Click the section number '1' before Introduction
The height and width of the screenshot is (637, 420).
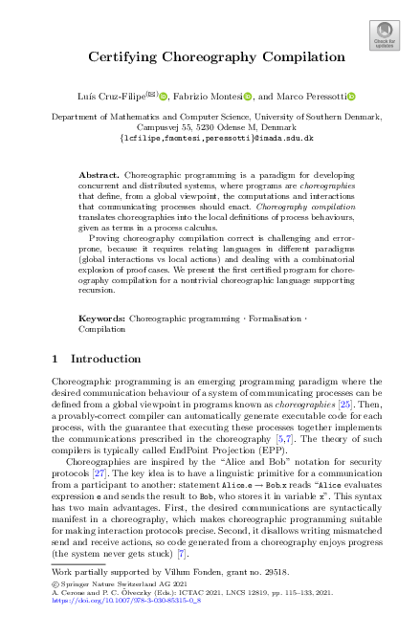pyautogui.click(x=54, y=359)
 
